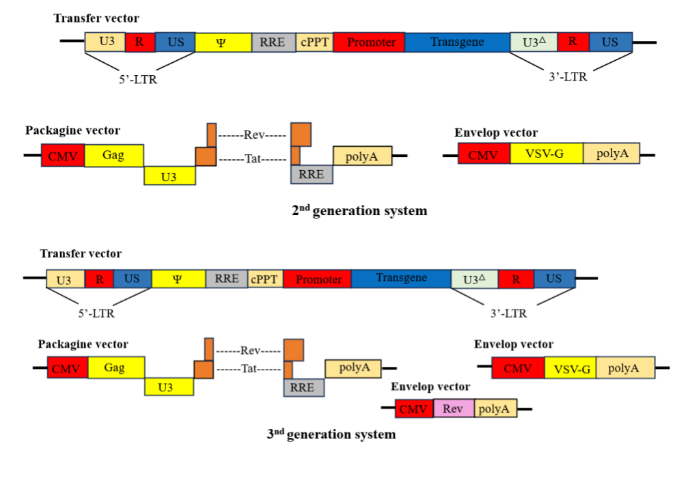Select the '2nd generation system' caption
click(x=359, y=210)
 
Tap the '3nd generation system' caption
click(x=331, y=434)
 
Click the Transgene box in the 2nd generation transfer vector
click(x=457, y=42)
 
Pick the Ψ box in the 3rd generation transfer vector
click(x=178, y=279)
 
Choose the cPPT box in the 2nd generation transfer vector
click(x=315, y=42)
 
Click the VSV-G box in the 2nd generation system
click(x=547, y=154)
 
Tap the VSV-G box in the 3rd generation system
click(x=570, y=369)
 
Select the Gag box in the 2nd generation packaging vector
click(x=113, y=156)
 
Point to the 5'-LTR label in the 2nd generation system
click(x=142, y=79)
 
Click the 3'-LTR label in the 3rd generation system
click(x=509, y=314)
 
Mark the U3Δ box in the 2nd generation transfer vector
click(x=534, y=42)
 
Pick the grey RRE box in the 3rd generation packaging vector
click(x=303, y=387)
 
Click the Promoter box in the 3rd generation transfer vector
click(x=318, y=279)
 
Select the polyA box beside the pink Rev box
click(x=495, y=408)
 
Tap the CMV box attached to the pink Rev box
click(x=414, y=409)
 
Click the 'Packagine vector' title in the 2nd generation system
click(x=72, y=130)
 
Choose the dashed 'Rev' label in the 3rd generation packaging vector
click(x=249, y=351)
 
